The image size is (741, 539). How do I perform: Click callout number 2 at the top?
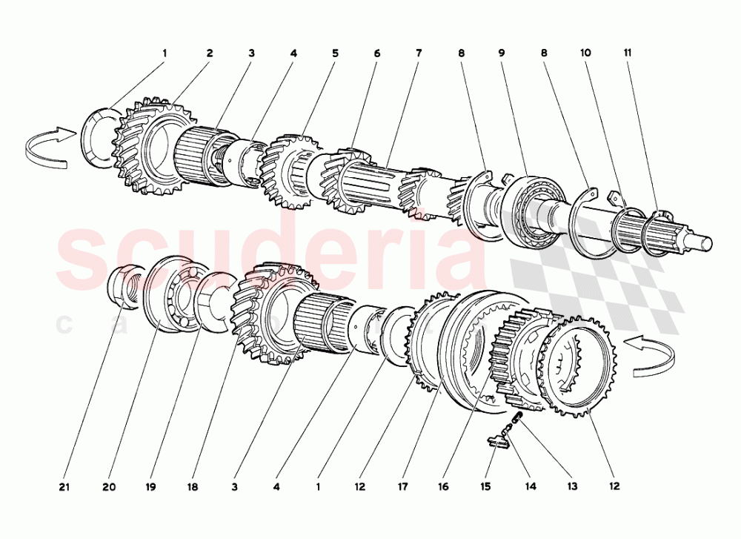click(x=210, y=53)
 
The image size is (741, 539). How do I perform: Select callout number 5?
click(x=335, y=53)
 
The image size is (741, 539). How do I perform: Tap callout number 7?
click(x=419, y=53)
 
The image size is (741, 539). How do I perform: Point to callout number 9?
click(x=502, y=53)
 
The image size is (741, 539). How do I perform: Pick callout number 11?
click(x=627, y=53)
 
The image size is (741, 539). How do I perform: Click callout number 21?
click(x=64, y=487)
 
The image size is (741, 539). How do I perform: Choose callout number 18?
click(x=192, y=487)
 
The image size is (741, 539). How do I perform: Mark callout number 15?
click(x=486, y=487)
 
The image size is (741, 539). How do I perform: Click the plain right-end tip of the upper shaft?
click(x=704, y=242)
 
